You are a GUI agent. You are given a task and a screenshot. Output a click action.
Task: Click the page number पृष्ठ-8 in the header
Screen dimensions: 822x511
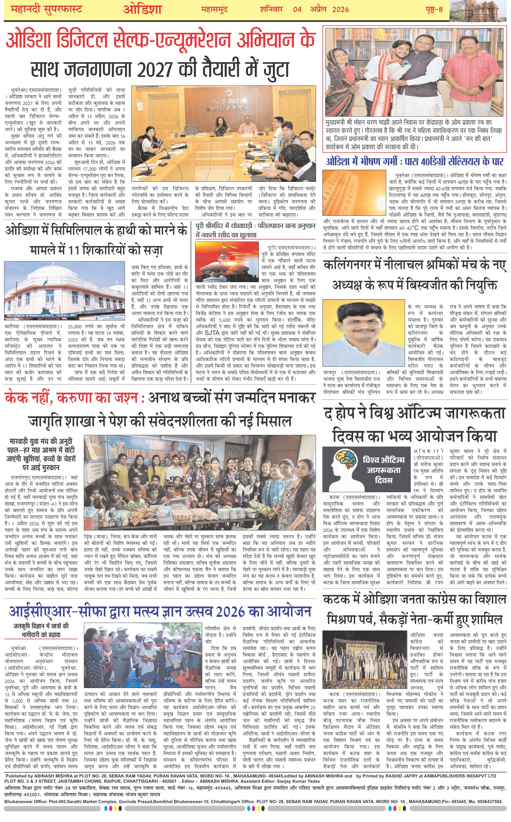[434, 9]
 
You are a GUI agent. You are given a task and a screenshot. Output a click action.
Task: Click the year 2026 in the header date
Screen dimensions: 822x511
[340, 9]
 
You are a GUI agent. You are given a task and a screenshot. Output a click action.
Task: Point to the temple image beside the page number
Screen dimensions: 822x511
[480, 10]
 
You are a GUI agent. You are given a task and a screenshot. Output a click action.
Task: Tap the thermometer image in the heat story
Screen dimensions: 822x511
[354, 192]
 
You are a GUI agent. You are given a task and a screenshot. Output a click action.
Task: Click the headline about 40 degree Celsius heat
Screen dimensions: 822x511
[414, 161]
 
